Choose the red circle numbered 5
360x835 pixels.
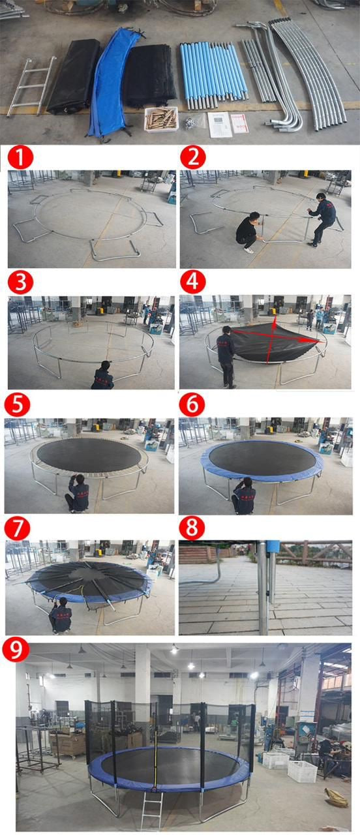[x=18, y=404]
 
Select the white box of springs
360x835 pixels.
[x=161, y=119]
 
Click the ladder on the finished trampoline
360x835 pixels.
[x=152, y=809]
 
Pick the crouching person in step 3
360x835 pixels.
[x=103, y=376]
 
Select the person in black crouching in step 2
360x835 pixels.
[x=247, y=232]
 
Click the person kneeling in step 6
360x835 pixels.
[x=245, y=497]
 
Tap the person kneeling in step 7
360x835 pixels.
[x=61, y=616]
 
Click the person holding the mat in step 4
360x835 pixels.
[x=226, y=356]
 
